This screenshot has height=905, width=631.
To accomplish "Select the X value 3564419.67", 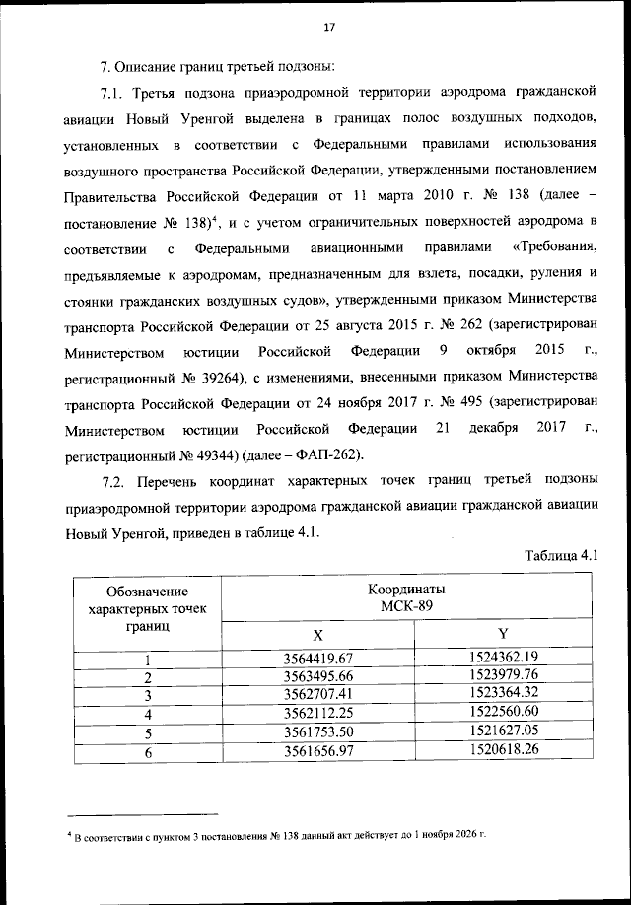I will pos(317,658).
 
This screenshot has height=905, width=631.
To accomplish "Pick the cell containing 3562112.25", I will pos(317,714).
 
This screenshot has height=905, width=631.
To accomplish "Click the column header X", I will pos(317,633).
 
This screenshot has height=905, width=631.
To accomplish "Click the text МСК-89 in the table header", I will pos(406,604).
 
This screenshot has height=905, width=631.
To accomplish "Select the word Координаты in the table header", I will pos(406,588).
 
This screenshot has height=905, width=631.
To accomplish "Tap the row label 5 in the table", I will pos(147,732).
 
